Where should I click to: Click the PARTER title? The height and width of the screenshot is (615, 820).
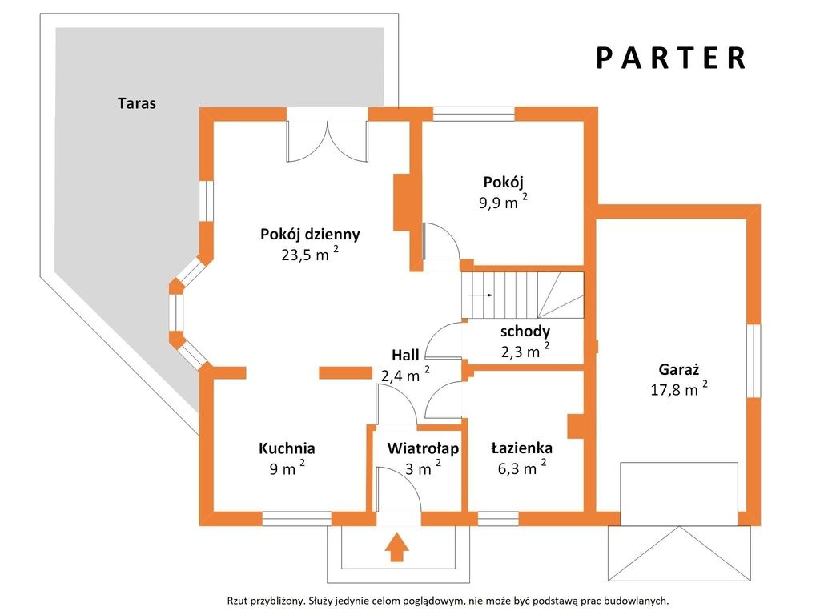click(x=671, y=58)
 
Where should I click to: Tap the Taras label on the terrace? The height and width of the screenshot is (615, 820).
click(x=137, y=103)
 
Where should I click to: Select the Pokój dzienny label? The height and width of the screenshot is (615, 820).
click(x=310, y=235)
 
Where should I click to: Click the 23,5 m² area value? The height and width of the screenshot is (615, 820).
click(x=310, y=254)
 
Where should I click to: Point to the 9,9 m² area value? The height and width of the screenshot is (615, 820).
click(x=503, y=202)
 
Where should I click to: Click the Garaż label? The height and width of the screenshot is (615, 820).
click(x=679, y=369)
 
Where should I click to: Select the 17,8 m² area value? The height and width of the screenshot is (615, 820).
click(x=679, y=389)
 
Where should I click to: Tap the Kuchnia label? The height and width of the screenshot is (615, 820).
click(x=287, y=448)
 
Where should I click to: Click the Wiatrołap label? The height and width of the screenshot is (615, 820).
click(x=423, y=448)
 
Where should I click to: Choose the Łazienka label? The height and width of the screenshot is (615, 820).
click(x=522, y=448)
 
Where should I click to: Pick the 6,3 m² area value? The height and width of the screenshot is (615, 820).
click(x=522, y=468)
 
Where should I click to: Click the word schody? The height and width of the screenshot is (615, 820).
click(x=525, y=332)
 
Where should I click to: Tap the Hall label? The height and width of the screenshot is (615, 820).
click(x=405, y=355)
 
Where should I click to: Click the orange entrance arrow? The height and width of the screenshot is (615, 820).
click(x=397, y=547)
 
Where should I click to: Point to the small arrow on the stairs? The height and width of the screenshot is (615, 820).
click(x=480, y=295)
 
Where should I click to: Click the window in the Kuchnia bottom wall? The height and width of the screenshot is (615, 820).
click(x=296, y=518)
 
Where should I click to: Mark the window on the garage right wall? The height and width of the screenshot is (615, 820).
click(x=754, y=361)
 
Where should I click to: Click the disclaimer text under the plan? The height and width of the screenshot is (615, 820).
click(x=448, y=601)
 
